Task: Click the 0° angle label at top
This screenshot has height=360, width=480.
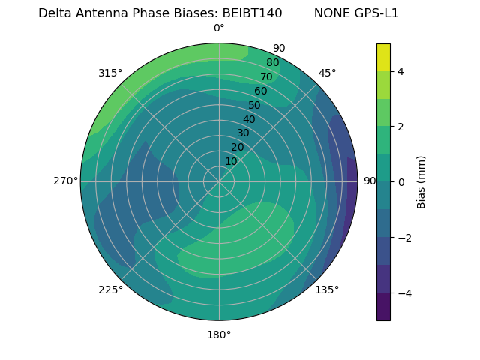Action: tap(219, 28)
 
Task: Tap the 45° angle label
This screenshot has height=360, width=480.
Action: tap(327, 73)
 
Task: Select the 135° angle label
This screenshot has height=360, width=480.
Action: tap(327, 289)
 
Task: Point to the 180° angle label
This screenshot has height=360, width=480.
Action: tap(219, 334)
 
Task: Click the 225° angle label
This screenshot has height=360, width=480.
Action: tap(110, 289)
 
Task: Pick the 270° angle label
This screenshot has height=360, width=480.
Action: tap(65, 181)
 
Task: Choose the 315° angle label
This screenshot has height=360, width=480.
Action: tap(110, 73)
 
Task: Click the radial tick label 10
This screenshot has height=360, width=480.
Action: tap(231, 161)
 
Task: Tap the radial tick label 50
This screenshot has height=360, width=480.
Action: tap(255, 105)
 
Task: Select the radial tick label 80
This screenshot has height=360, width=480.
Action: tap(273, 62)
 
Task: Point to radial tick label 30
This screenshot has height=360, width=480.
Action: tap(243, 133)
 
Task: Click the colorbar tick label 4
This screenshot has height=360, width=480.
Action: tap(401, 71)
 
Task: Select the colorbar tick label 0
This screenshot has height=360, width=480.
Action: tap(401, 181)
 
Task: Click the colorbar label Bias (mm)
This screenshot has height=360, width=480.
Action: tap(421, 181)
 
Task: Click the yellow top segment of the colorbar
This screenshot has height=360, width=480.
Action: tap(383, 57)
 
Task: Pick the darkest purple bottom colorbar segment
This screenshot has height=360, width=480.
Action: tap(383, 307)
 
